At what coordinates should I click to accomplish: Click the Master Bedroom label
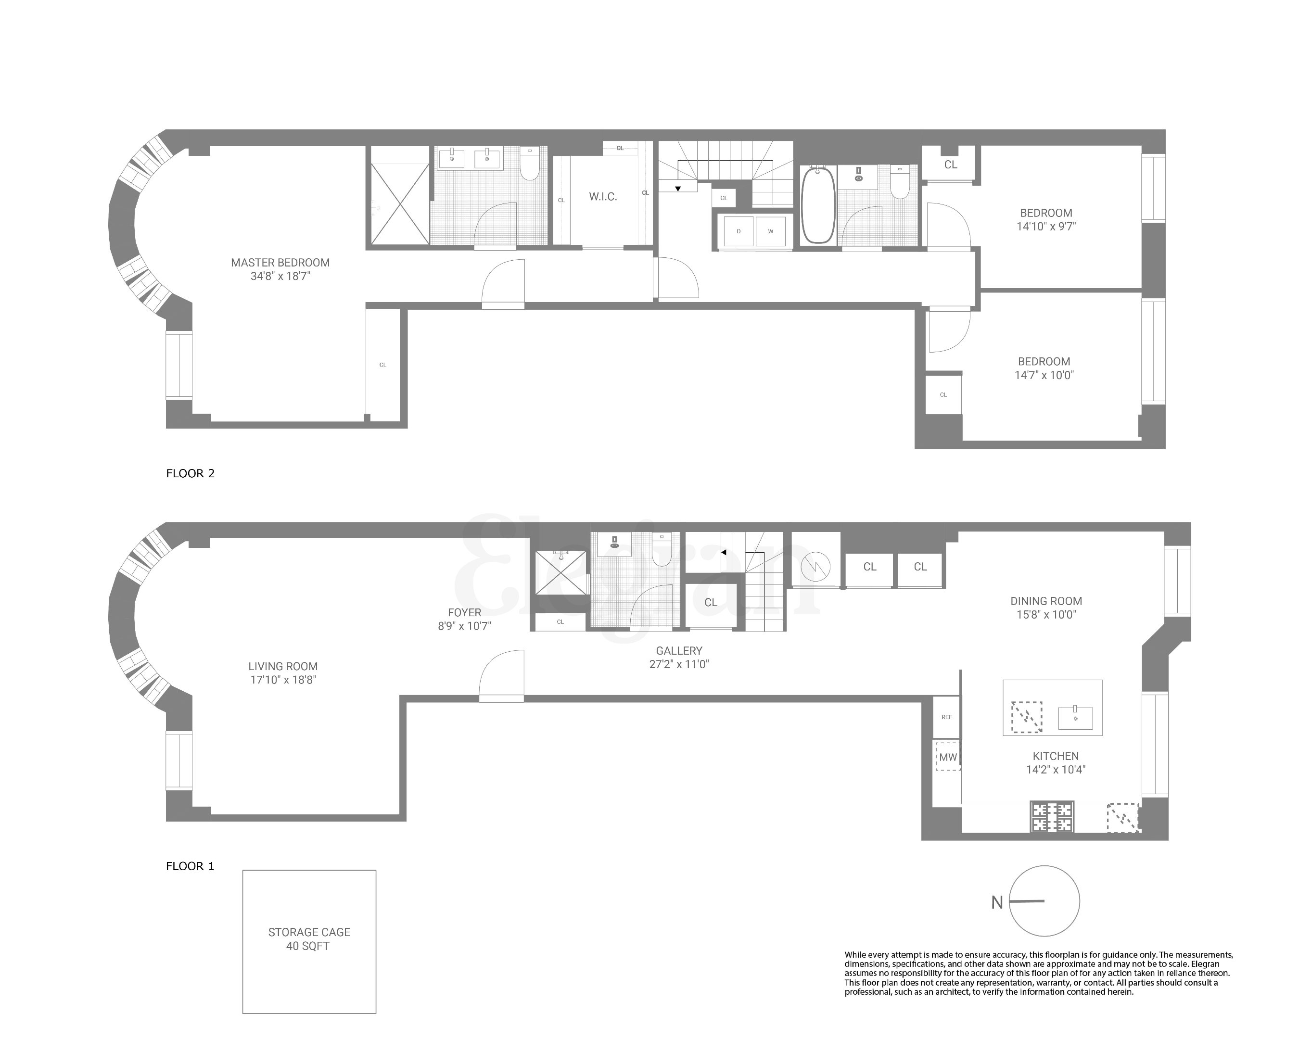click(x=280, y=263)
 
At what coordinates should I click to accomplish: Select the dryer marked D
click(x=738, y=231)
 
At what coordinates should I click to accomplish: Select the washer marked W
click(x=770, y=231)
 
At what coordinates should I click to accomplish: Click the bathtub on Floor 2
click(x=817, y=205)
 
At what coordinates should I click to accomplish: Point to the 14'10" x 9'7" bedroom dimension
click(x=1045, y=227)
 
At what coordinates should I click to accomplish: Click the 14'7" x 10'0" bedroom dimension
click(x=1044, y=375)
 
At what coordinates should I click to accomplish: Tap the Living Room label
click(x=282, y=666)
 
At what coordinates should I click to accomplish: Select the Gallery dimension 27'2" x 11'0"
click(x=678, y=664)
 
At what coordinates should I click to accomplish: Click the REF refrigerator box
click(x=946, y=717)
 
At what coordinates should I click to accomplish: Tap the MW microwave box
click(x=948, y=757)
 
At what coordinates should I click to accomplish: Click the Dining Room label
click(x=1045, y=600)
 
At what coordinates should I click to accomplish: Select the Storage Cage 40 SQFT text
click(x=308, y=939)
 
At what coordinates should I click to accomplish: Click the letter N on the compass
click(x=996, y=902)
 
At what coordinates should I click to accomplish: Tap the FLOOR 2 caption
click(x=190, y=473)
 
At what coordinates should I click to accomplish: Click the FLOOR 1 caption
click(x=190, y=866)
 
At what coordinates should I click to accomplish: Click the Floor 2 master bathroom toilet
click(x=530, y=165)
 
